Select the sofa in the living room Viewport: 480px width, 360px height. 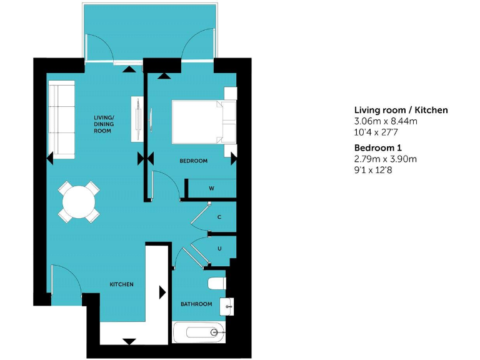pyautogui.click(x=62, y=119)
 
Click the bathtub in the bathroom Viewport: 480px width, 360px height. pyautogui.click(x=197, y=332)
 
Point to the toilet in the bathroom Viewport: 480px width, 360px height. pyautogui.click(x=216, y=283)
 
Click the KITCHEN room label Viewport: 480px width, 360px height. pyautogui.click(x=121, y=284)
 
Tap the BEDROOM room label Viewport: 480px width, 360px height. pyautogui.click(x=193, y=161)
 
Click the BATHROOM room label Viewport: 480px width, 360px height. pyautogui.click(x=196, y=304)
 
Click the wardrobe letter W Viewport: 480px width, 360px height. pyautogui.click(x=211, y=188)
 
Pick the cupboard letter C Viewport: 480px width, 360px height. pyautogui.click(x=219, y=217)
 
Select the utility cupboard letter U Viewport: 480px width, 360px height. pyautogui.click(x=219, y=248)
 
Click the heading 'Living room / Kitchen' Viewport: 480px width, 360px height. pyautogui.click(x=401, y=110)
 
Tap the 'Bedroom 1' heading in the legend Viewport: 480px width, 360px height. pyautogui.click(x=377, y=147)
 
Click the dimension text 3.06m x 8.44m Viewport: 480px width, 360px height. pyautogui.click(x=385, y=121)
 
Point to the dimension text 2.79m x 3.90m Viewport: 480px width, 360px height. pyautogui.click(x=385, y=159)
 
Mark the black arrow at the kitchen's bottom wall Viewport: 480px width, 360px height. pyautogui.click(x=129, y=341)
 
